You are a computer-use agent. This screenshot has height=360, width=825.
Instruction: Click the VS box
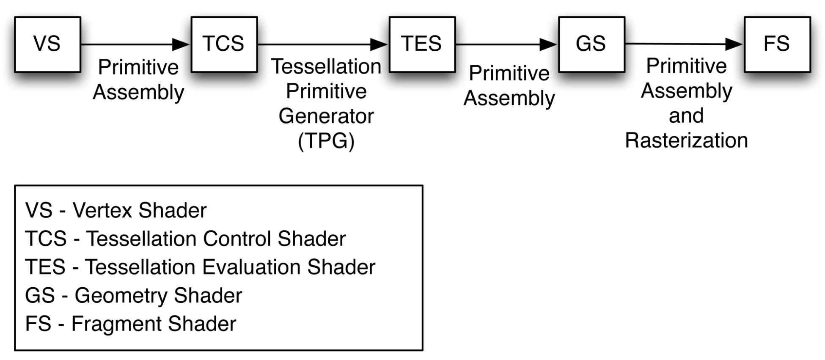[47, 44]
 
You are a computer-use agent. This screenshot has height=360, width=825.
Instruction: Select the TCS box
[224, 44]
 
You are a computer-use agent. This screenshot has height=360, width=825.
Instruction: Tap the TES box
[422, 44]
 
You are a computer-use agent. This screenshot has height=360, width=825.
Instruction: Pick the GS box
[591, 44]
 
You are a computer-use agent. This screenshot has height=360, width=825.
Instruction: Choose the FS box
[777, 44]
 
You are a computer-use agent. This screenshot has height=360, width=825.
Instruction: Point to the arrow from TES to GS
[507, 44]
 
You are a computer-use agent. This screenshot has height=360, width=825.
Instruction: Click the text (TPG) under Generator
[326, 141]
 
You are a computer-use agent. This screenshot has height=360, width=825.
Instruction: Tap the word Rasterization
[687, 140]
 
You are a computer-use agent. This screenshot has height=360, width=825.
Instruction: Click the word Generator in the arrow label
[326, 116]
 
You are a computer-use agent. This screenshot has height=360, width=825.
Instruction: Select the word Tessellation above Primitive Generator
[326, 66]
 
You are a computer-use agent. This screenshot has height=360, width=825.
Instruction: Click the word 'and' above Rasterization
[686, 115]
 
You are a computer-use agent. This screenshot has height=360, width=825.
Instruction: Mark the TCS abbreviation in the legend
[46, 239]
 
